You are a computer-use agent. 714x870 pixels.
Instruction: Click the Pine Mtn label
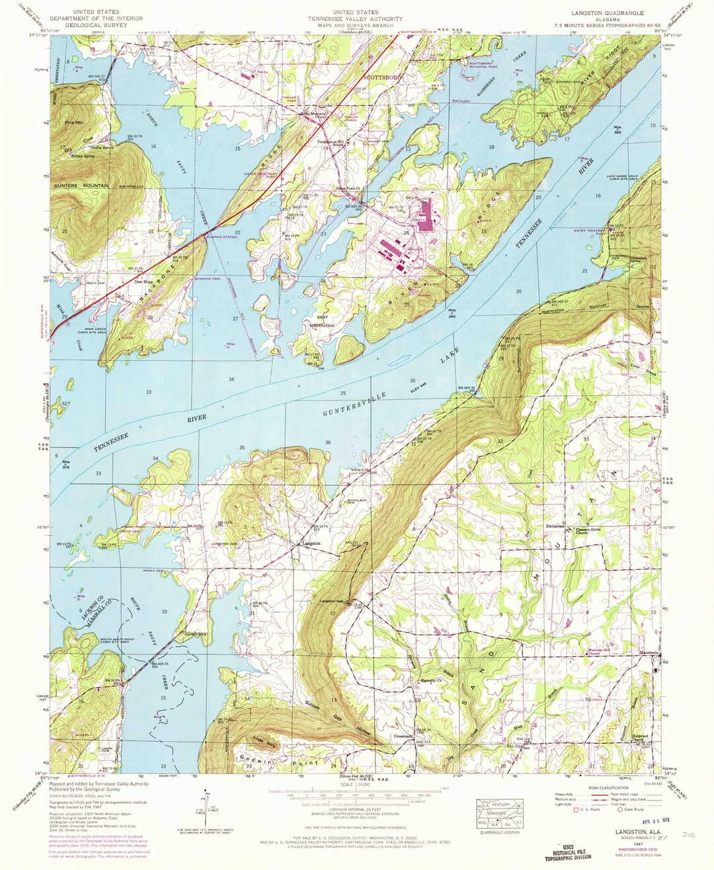point(75,122)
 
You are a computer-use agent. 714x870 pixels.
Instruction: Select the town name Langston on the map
point(311,543)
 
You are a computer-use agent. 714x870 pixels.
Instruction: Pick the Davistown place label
point(556,527)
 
